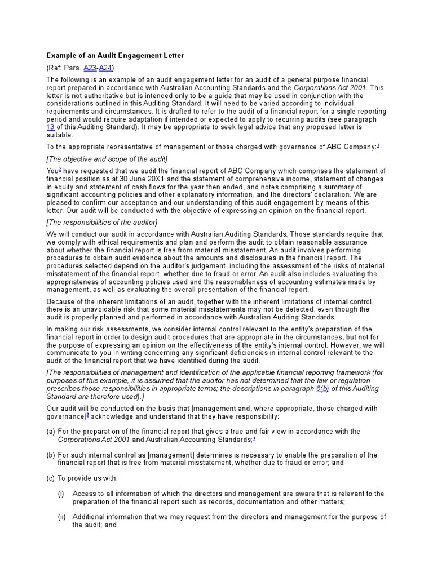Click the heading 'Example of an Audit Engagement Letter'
(x=115, y=56)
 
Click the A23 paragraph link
(x=90, y=68)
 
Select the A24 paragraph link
(x=105, y=68)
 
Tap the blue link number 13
(x=50, y=127)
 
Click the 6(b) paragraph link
(x=323, y=389)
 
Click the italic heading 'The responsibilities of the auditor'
(x=102, y=222)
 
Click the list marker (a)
(x=51, y=432)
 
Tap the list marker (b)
(x=51, y=455)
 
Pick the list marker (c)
(x=51, y=478)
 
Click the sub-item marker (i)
(x=61, y=494)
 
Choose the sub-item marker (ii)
(x=61, y=517)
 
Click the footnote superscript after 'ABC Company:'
(x=378, y=145)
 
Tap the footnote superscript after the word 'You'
(x=59, y=170)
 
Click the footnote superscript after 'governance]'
(x=87, y=415)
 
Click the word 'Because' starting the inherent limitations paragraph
(x=61, y=301)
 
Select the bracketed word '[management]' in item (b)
(x=167, y=455)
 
